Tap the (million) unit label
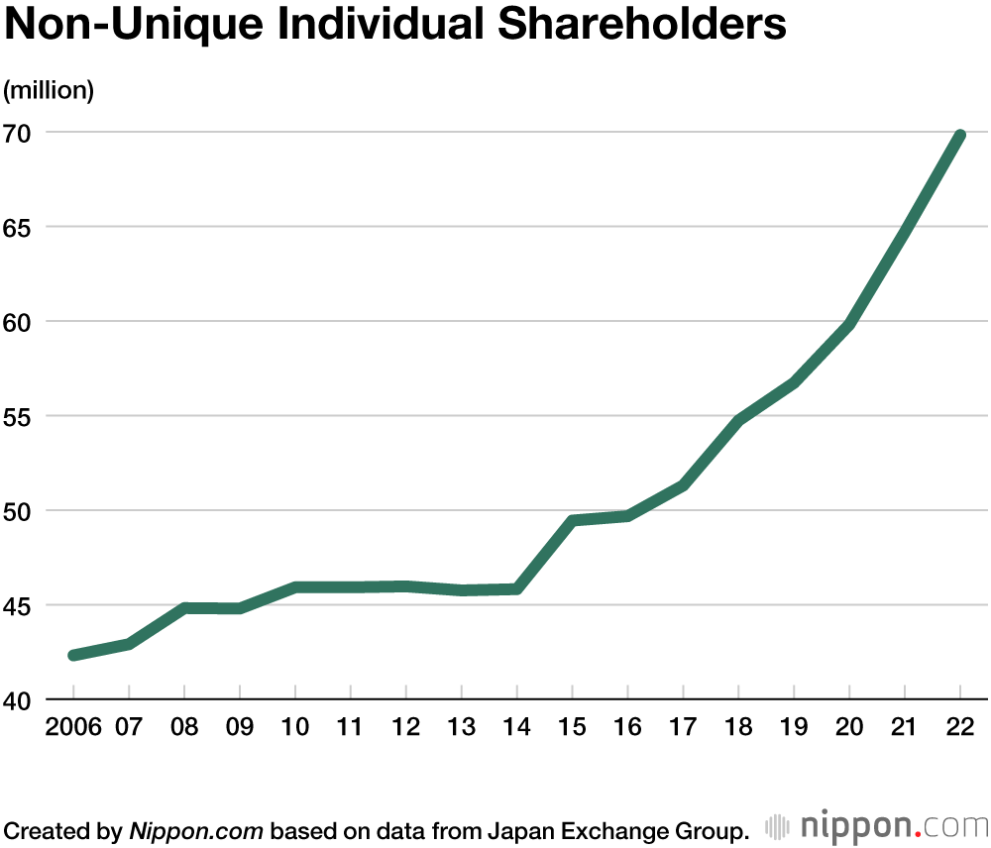49,90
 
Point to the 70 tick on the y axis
19,133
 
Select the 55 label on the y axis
19,416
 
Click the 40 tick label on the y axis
19,700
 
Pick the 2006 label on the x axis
73,727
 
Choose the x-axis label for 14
516,727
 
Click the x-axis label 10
294,727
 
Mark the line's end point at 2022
959,135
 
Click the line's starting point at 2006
73,655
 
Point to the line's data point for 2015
572,520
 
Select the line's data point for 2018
738,421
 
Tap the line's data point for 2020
849,324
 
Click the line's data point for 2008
184,608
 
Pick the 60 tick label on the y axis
19,322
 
